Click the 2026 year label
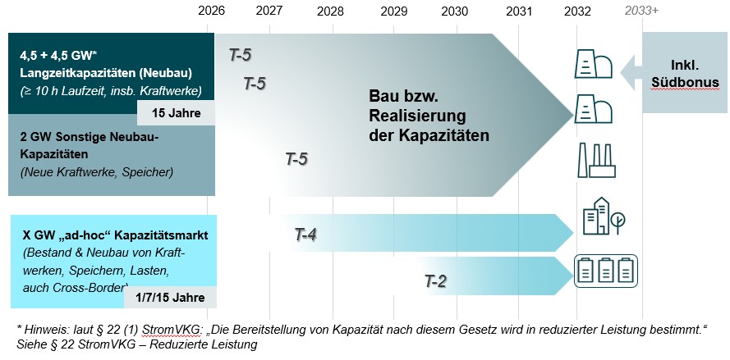pyautogui.click(x=212, y=11)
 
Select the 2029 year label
pyautogui.click(x=394, y=11)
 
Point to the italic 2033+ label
pyautogui.click(x=641, y=11)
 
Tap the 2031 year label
pyautogui.click(x=518, y=11)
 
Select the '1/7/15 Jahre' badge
pyautogui.click(x=170, y=297)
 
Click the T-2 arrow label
pyautogui.click(x=435, y=281)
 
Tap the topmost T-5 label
pyautogui.click(x=240, y=55)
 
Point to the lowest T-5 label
pyautogui.click(x=296, y=158)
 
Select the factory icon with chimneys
pyautogui.click(x=598, y=161)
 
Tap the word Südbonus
pyautogui.click(x=684, y=82)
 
